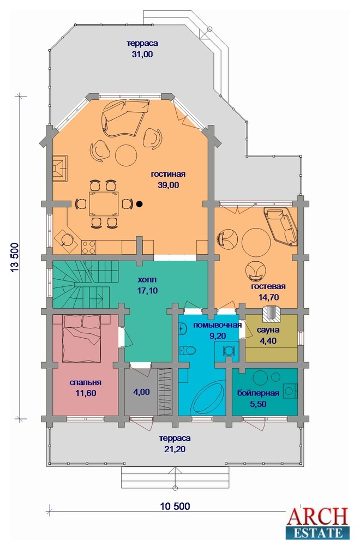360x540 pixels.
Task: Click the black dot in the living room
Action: [x=139, y=204]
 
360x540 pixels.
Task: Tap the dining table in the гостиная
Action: [x=104, y=204]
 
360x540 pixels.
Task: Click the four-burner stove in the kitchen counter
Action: [x=88, y=247]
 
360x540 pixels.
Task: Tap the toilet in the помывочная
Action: [x=188, y=351]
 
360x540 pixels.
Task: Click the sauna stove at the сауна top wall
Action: [x=271, y=313]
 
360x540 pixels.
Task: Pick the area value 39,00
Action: [x=169, y=185]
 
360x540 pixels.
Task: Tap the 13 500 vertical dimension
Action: [x=15, y=258]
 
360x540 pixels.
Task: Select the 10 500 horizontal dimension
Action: [x=175, y=506]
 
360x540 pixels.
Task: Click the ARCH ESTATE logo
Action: [x=317, y=522]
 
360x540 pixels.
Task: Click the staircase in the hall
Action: [x=85, y=284]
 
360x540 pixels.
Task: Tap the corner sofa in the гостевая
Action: [x=281, y=226]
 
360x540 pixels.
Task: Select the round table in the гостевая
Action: [x=256, y=242]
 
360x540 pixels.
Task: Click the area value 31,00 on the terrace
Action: [x=142, y=54]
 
